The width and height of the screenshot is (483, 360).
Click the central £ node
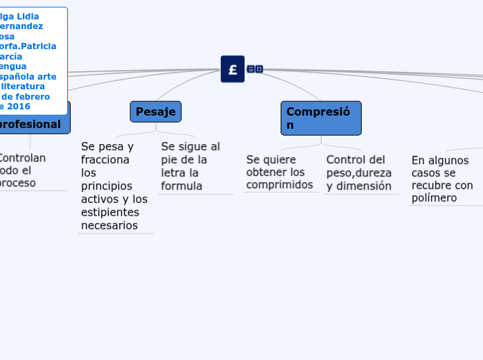click(232, 69)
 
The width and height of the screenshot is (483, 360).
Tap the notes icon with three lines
click(251, 69)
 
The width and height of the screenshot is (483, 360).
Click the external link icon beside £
click(259, 69)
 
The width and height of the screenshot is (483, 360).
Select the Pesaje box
click(155, 111)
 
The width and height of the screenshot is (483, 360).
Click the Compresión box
click(321, 118)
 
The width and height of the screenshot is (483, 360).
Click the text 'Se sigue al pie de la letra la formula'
click(191, 166)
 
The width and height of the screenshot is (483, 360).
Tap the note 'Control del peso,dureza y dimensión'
click(359, 172)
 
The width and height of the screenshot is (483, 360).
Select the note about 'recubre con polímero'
click(442, 179)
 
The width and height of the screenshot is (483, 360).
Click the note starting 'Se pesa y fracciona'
click(114, 186)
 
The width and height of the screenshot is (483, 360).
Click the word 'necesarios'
click(109, 225)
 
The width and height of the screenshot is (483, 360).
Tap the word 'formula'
click(182, 186)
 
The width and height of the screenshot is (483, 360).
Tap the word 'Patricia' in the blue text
click(39, 46)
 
